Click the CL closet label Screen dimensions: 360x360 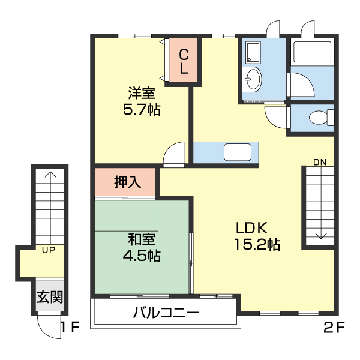click(x=184, y=62)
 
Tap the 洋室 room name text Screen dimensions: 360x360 click(x=142, y=94)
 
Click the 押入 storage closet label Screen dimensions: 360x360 click(x=127, y=182)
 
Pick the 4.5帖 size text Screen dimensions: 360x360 click(x=142, y=256)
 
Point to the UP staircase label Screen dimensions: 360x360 click(x=49, y=250)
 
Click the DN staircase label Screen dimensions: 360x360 click(x=320, y=162)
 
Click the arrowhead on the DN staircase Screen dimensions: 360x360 click(x=320, y=236)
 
